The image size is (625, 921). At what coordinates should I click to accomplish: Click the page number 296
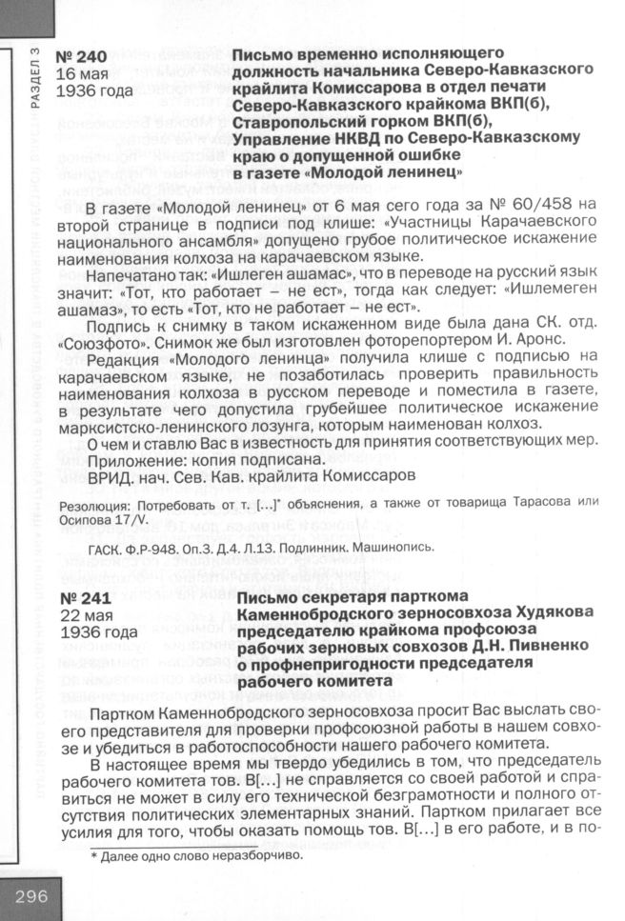30,896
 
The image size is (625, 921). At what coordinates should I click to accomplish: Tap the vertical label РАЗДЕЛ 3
35,80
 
